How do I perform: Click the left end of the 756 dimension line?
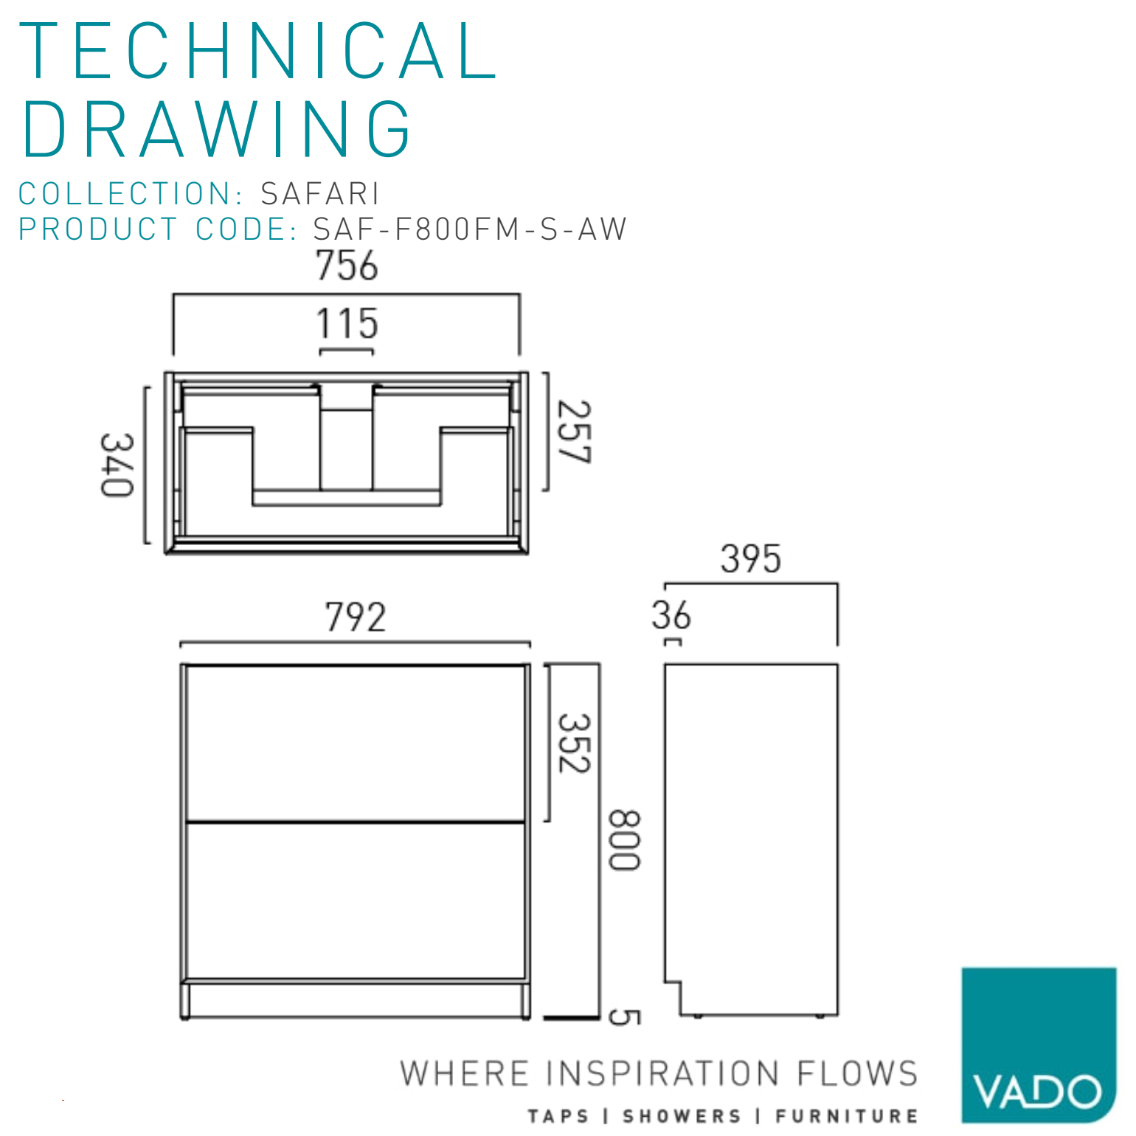point(173,295)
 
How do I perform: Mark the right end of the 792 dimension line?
point(530,643)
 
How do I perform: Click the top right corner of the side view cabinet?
point(837,665)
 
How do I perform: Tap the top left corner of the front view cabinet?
point(181,665)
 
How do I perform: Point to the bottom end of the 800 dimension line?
point(599,1018)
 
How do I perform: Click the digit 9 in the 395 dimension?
point(751,559)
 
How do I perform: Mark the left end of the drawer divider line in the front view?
point(187,821)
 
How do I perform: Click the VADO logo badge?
point(1039,1045)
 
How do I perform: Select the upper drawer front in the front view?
point(356,743)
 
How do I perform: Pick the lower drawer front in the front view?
point(356,901)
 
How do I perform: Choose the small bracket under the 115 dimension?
point(346,350)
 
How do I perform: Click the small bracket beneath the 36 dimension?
point(673,642)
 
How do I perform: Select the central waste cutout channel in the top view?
point(346,436)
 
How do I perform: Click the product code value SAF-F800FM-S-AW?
point(470,229)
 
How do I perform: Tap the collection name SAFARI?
point(320,194)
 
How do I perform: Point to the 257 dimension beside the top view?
point(574,432)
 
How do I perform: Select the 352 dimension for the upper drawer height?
point(574,743)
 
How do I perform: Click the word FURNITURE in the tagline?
point(847,1116)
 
